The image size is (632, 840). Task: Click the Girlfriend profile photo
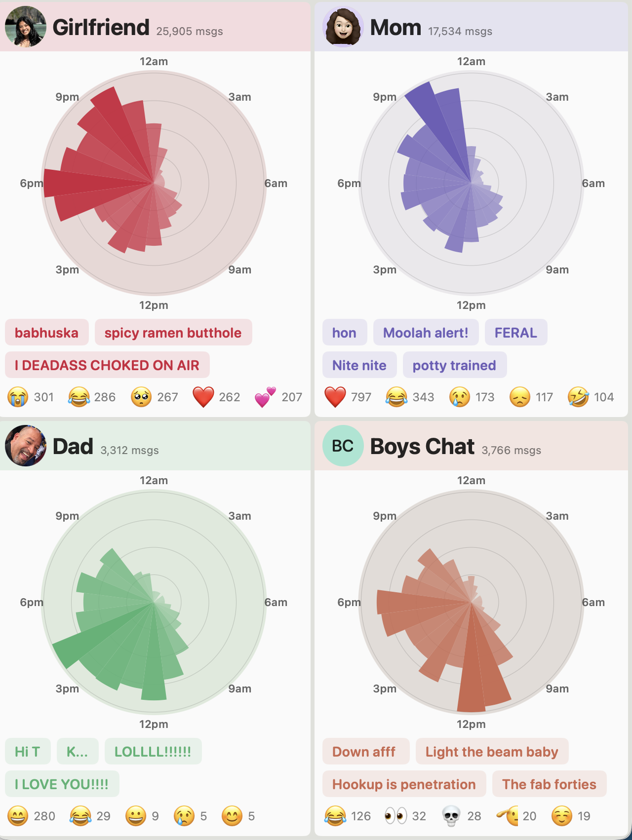(25, 27)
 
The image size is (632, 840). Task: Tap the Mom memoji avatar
(343, 27)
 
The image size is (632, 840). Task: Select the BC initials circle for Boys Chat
(343, 446)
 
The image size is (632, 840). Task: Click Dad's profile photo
(25, 446)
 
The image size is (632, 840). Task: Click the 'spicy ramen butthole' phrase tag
(173, 333)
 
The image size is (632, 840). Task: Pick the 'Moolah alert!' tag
(425, 333)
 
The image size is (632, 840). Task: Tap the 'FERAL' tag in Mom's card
(515, 333)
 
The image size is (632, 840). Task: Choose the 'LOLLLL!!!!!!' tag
(153, 752)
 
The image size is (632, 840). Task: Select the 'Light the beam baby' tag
(491, 752)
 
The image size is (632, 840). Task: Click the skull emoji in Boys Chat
(450, 816)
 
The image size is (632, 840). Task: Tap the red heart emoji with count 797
(335, 397)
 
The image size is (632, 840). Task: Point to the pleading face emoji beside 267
(141, 397)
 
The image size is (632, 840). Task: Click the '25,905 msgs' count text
(189, 32)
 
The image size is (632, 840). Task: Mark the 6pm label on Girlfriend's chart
(31, 184)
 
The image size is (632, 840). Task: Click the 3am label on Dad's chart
(239, 516)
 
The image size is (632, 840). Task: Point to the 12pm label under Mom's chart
(471, 305)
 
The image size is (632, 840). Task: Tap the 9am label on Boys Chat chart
(557, 689)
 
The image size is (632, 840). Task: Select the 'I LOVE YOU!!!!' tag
(62, 784)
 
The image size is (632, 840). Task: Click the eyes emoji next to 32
(395, 816)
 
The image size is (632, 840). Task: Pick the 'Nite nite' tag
(359, 365)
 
